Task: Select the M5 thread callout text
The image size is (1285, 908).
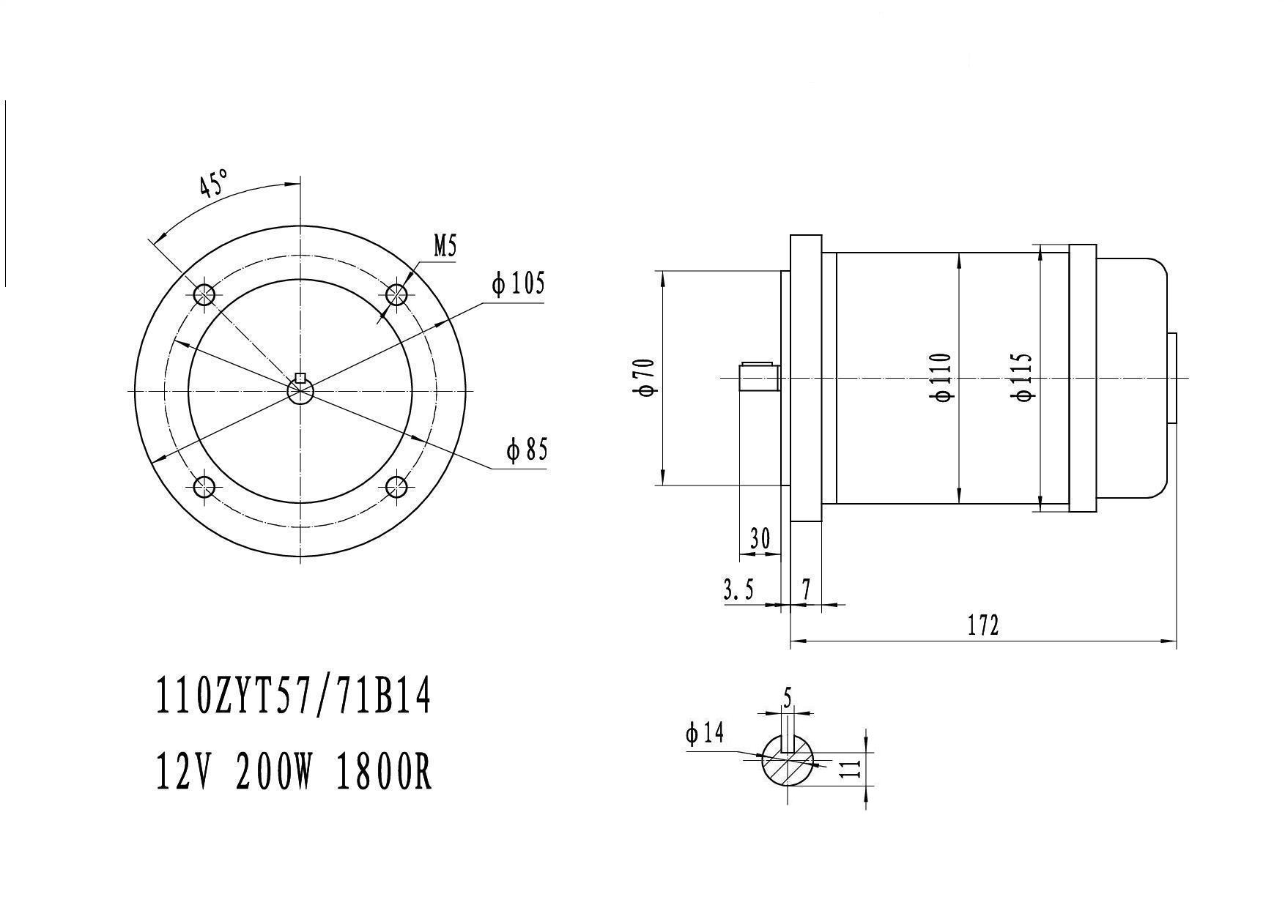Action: click(x=445, y=247)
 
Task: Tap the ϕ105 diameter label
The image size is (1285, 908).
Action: click(x=519, y=283)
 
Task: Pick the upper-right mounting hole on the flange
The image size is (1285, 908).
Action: click(x=396, y=295)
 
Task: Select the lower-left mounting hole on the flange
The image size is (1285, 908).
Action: click(x=204, y=487)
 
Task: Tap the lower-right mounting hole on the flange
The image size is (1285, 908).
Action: click(x=396, y=487)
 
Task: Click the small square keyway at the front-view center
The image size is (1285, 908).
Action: click(x=300, y=379)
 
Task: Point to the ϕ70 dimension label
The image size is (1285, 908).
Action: click(x=645, y=377)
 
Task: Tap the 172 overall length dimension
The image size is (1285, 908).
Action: click(x=983, y=625)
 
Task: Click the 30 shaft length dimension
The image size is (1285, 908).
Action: click(x=760, y=539)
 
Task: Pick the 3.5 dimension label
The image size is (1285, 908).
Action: click(x=738, y=589)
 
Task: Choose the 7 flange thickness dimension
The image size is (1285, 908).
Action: click(x=806, y=589)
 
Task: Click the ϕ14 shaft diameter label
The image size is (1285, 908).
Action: click(x=705, y=732)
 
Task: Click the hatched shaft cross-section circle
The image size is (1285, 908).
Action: click(x=788, y=760)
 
